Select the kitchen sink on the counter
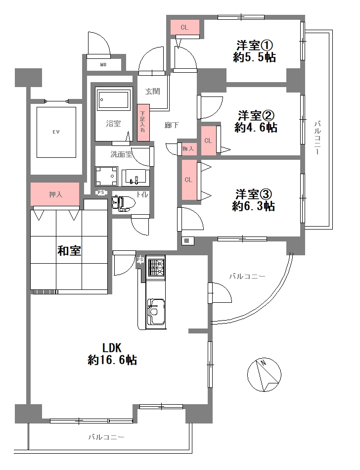tap(156, 312)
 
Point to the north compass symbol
tap(265, 375)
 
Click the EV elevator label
tap(56, 132)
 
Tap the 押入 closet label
tap(56, 194)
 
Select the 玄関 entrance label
tap(153, 91)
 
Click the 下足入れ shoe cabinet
tap(143, 123)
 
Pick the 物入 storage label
tap(188, 148)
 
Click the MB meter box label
tap(103, 64)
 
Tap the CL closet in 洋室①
tap(185, 27)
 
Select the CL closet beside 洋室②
tap(208, 141)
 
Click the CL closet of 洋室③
tap(188, 180)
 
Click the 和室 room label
tap(69, 251)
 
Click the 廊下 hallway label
tap(172, 125)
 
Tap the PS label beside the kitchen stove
tap(140, 259)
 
